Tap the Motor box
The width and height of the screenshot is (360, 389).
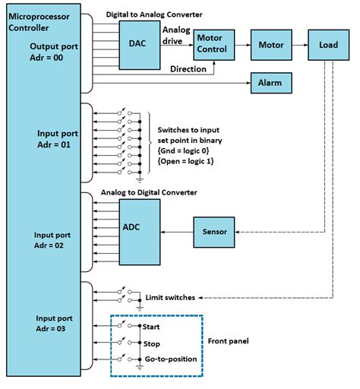pyautogui.click(x=271, y=45)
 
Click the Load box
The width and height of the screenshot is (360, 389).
pyautogui.click(x=327, y=45)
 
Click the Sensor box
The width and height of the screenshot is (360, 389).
pyautogui.click(x=216, y=231)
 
